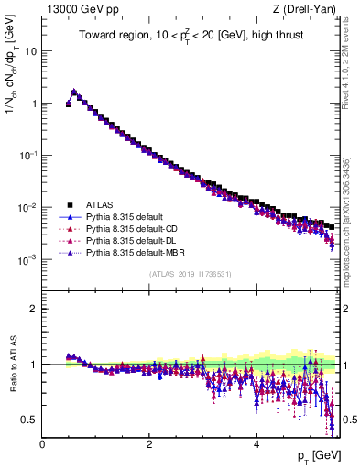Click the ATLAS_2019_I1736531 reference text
click(191, 273)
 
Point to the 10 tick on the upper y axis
click(31, 51)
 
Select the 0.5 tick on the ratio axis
click(30, 420)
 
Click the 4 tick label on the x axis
click(256, 443)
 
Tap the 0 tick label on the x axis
click(42, 443)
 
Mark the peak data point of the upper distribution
click(74, 92)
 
